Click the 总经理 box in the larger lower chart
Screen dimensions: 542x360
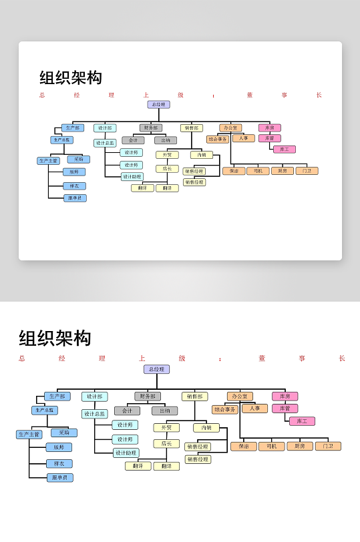point(156,369)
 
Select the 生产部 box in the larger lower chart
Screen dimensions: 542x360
point(57,396)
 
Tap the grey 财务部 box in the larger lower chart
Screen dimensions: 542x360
point(148,396)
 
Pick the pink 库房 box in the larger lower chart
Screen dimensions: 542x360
point(285,396)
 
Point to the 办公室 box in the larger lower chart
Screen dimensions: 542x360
point(240,396)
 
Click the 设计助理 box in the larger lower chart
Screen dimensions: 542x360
point(126,453)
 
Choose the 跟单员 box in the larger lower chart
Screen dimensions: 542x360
point(59,477)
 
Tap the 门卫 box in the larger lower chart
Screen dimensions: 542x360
point(328,446)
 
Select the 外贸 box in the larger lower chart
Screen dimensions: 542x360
point(166,428)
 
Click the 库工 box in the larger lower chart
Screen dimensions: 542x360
point(302,421)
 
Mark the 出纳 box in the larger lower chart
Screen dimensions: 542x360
point(164,411)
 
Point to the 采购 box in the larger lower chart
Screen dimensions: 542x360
point(63,433)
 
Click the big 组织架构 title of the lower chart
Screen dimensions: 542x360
point(55,338)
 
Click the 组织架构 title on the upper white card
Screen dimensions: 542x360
point(71,77)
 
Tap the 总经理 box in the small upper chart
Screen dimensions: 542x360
point(159,105)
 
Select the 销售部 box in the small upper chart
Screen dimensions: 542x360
point(191,128)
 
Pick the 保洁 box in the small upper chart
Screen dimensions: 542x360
point(234,171)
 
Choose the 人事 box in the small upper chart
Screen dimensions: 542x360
point(244,138)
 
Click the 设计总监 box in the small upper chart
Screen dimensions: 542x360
point(105,143)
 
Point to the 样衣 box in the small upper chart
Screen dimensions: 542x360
point(74,186)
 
